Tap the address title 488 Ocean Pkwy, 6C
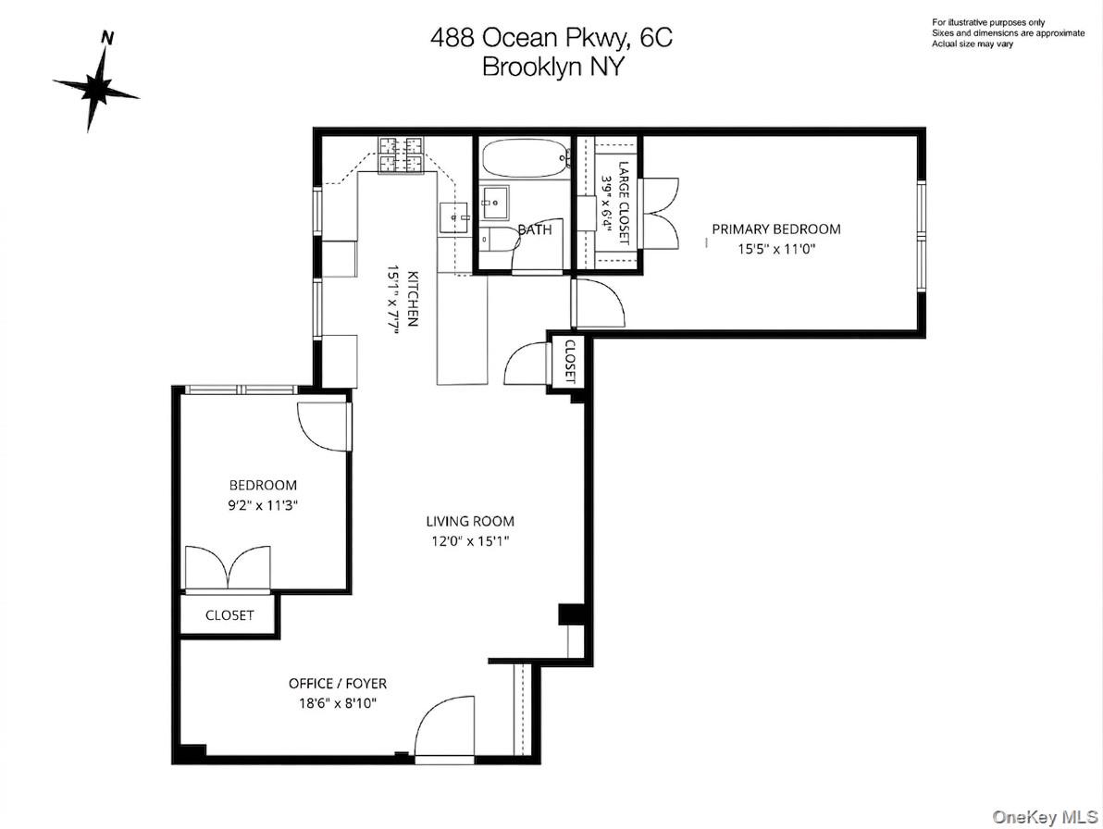point(551,38)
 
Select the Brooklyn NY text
point(552,67)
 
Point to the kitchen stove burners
point(400,155)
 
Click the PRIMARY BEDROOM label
point(775,229)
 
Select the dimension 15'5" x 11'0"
point(775,248)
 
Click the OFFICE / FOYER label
point(337,684)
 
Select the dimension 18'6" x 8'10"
point(337,703)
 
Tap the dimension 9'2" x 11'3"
point(263,505)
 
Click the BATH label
point(534,229)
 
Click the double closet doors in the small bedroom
point(228,566)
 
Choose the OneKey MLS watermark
point(1044,816)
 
